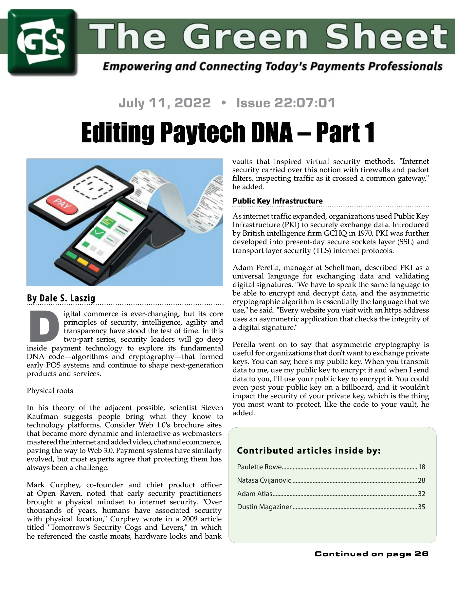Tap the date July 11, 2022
coord(164,103)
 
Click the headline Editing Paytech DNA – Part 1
coord(227,132)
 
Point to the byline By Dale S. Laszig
coord(61,298)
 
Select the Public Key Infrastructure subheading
coord(277,201)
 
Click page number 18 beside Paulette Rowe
coord(421,467)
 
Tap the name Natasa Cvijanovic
coord(264,480)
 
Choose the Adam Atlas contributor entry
coord(255,494)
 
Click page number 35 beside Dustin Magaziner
coord(421,507)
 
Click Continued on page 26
coord(371,554)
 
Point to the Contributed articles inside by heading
coord(308,451)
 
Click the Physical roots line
coord(50,391)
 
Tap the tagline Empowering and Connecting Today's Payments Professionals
coord(272,66)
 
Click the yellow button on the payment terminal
coord(82,261)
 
